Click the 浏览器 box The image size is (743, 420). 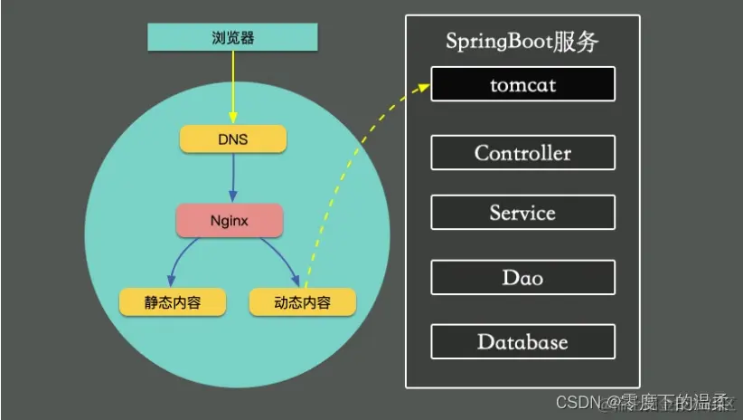(x=232, y=38)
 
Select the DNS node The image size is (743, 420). (x=232, y=139)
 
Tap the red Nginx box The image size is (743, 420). (x=229, y=220)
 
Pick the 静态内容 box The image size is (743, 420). (x=173, y=301)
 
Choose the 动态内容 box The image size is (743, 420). (x=302, y=301)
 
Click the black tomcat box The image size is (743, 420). (x=522, y=84)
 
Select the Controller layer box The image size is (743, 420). (x=522, y=152)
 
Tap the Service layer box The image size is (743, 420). (x=522, y=213)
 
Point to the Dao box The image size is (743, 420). (x=522, y=277)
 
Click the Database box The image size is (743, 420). (x=522, y=341)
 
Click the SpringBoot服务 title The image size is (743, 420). (x=522, y=42)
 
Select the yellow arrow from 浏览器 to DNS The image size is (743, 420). (x=232, y=86)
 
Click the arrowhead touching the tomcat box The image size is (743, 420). (x=424, y=87)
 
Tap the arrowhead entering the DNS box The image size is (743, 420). (x=232, y=120)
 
